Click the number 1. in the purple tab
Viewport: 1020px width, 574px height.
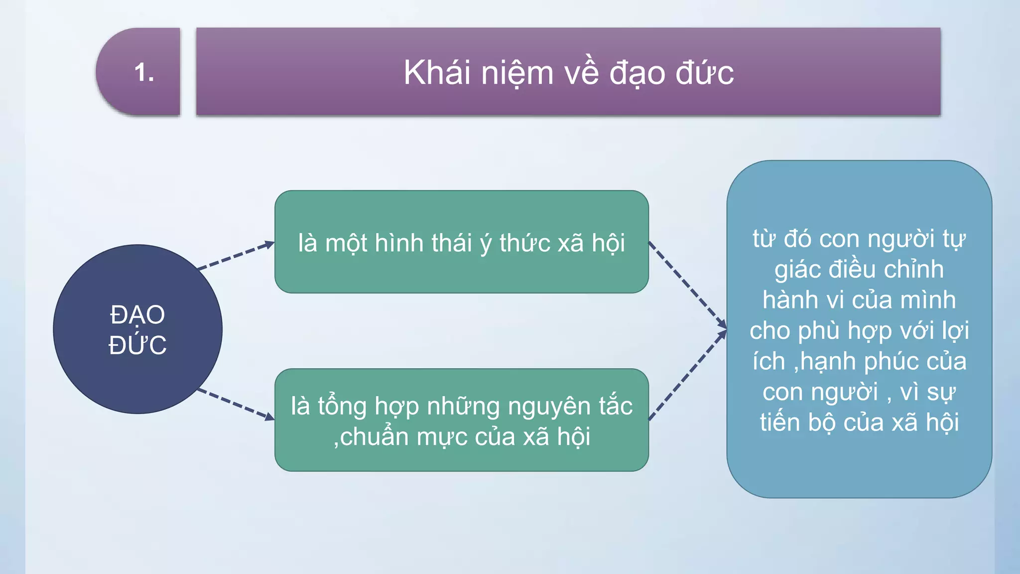tap(144, 73)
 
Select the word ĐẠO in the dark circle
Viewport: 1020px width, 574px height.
tap(137, 315)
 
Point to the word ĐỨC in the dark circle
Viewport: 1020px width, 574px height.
tap(137, 345)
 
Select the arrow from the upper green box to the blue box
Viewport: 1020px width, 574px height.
tap(687, 286)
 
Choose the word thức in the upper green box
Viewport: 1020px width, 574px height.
tap(525, 243)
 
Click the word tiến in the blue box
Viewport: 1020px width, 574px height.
tap(780, 422)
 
